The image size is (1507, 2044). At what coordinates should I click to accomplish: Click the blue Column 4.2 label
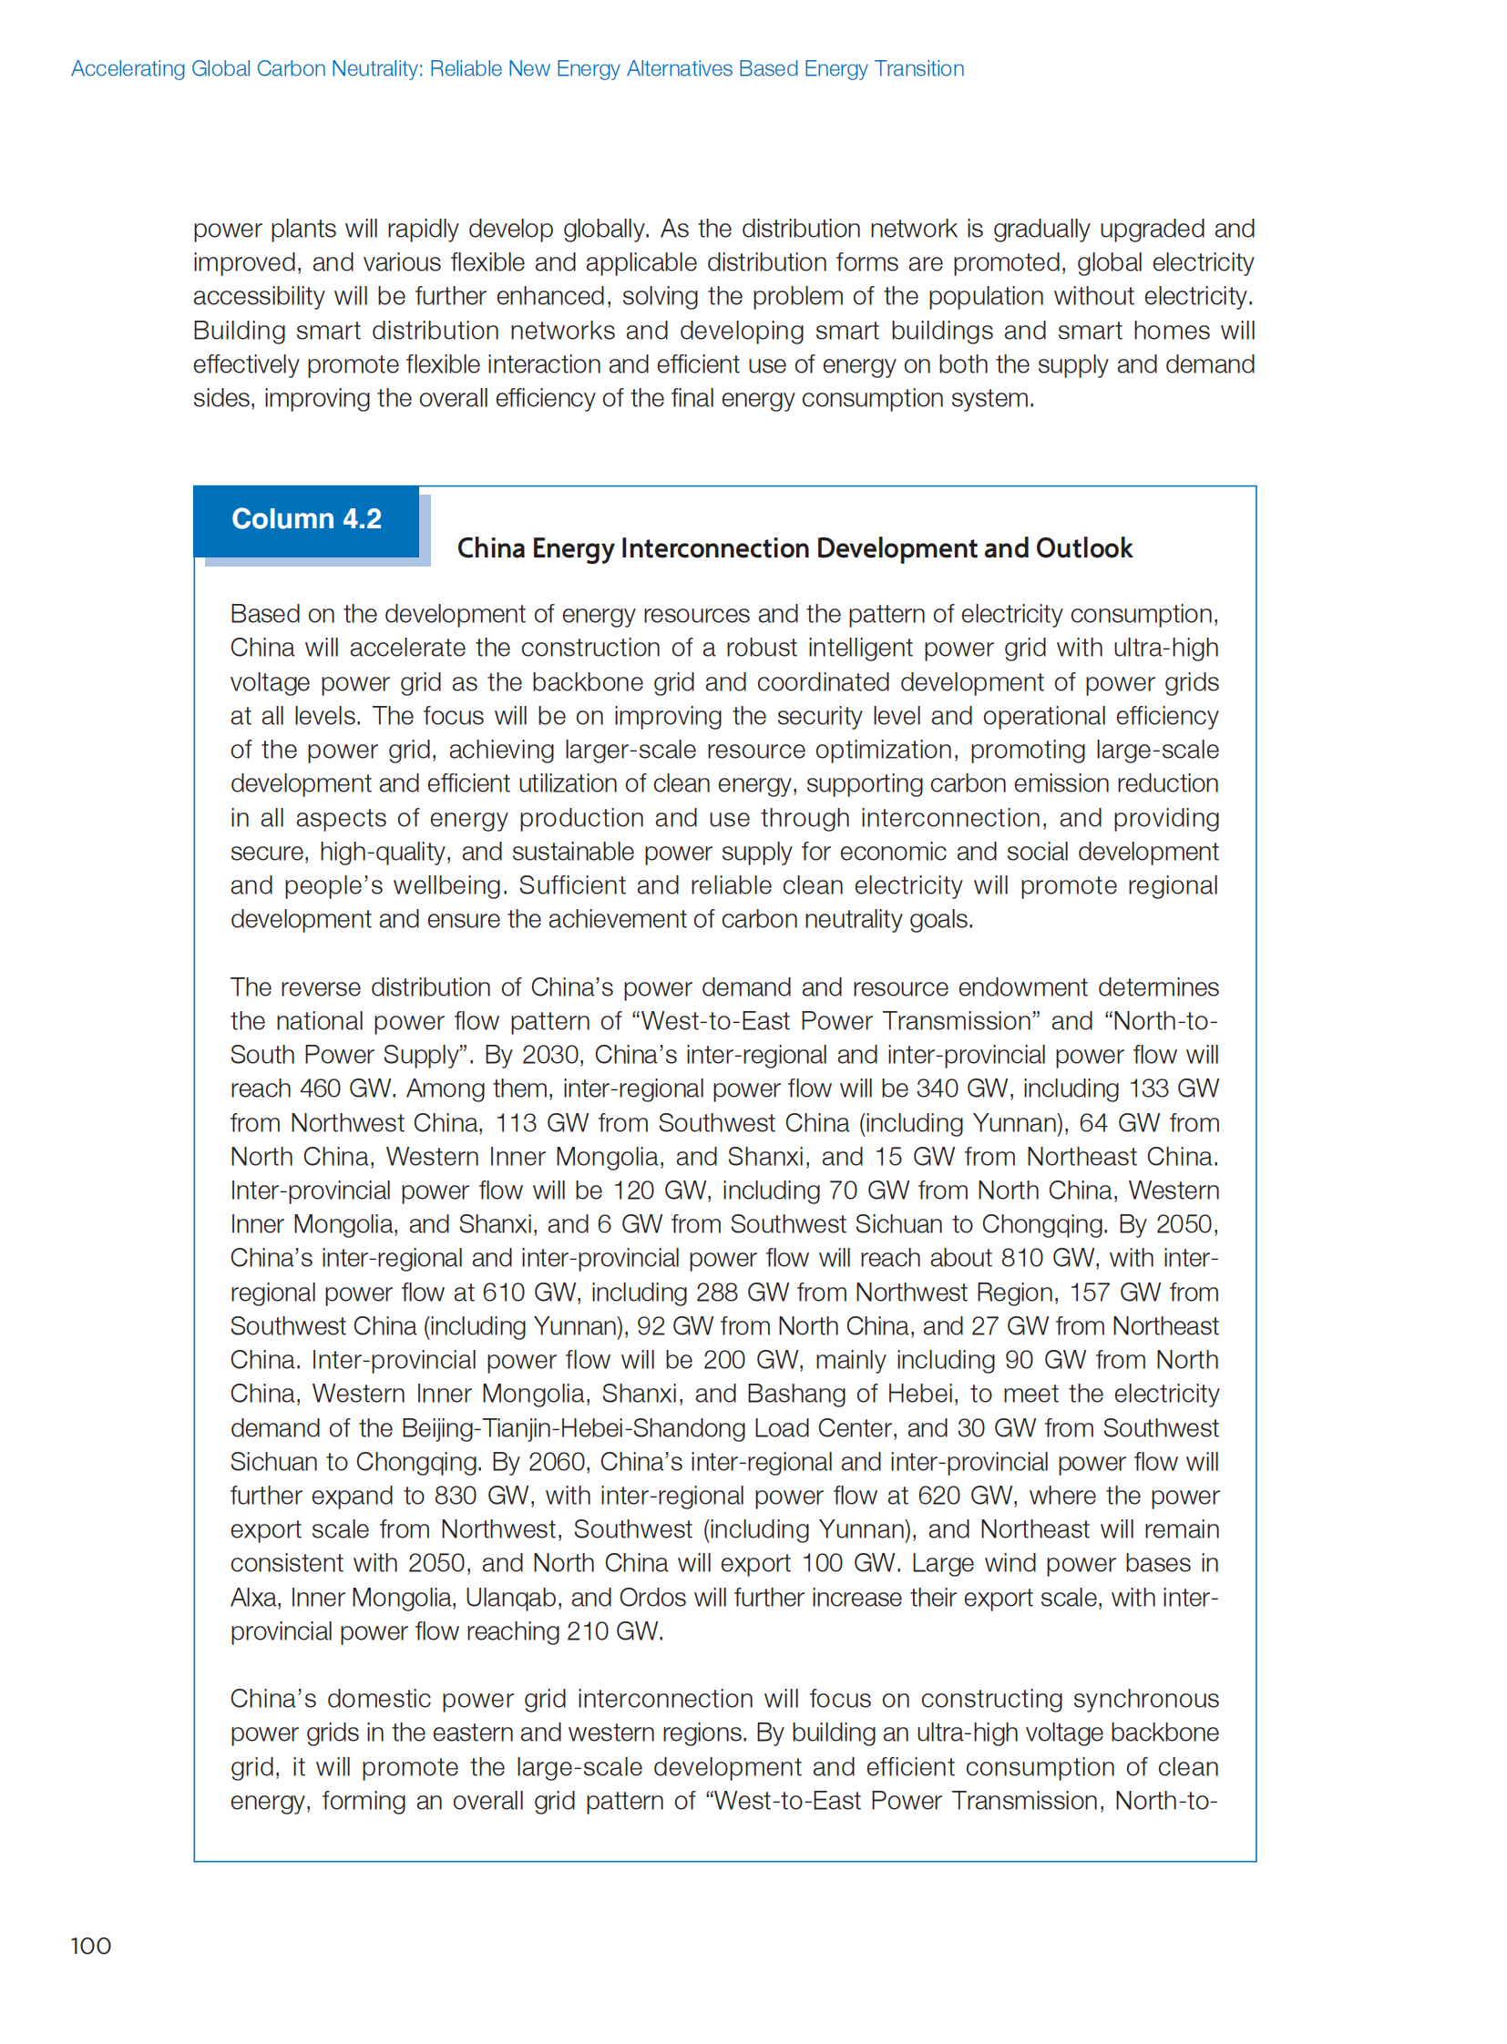coord(306,519)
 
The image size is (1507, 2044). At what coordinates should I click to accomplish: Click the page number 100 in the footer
coord(91,1946)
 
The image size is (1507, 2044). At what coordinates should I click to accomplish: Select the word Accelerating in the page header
coord(128,69)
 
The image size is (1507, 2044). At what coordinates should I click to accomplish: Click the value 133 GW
coord(1174,1089)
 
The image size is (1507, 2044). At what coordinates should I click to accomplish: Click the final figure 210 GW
coord(613,1631)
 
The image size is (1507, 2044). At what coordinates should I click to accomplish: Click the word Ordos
coord(652,1598)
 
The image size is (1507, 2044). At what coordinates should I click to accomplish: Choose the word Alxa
coord(253,1598)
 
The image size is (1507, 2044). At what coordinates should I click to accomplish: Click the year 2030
coord(550,1056)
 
